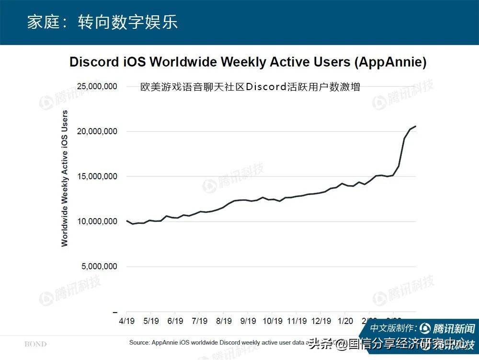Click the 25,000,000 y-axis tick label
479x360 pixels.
pos(97,87)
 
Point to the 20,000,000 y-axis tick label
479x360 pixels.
pos(97,131)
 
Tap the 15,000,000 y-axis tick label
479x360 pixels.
pos(97,176)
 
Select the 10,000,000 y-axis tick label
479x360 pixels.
pos(97,221)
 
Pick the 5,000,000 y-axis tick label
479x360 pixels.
pos(99,267)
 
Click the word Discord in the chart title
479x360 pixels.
pos(94,62)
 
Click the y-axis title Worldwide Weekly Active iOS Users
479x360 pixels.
pos(65,178)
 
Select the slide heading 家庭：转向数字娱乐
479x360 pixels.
pos(102,23)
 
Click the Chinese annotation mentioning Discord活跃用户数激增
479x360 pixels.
pos(250,87)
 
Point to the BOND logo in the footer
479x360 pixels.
pos(35,344)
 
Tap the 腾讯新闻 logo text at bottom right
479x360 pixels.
pos(453,329)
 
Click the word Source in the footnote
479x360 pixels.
pos(140,343)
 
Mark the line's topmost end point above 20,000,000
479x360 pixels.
pos(415,126)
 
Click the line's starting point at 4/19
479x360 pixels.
pos(126,221)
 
